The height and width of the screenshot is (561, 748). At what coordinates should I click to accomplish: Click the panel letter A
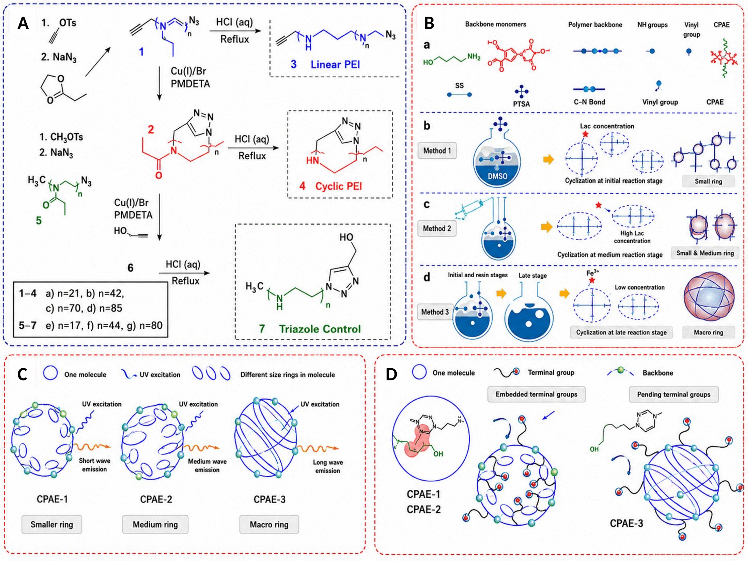tap(23, 23)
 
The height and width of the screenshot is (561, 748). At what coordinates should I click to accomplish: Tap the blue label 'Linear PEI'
tap(335, 64)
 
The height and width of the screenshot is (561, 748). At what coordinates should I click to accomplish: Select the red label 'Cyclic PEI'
tap(338, 186)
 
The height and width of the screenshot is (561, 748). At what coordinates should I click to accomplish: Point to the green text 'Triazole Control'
tap(320, 329)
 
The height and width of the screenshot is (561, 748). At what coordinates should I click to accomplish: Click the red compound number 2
tap(151, 129)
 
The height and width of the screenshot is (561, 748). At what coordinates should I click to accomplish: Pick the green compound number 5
tap(39, 221)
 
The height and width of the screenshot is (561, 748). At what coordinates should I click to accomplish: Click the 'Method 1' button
tap(437, 150)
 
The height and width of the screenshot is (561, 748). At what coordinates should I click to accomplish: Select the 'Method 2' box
tap(437, 228)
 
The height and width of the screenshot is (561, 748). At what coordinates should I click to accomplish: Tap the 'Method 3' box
tap(435, 312)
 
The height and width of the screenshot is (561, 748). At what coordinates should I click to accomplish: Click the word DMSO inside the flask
tap(497, 176)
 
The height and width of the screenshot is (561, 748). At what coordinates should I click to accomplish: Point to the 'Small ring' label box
tap(708, 181)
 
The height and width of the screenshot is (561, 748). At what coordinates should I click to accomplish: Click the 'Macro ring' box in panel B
tap(708, 332)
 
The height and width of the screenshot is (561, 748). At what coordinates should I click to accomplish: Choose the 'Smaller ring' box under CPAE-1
tap(52, 524)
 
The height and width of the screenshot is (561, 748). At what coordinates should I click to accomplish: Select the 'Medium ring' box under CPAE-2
tap(155, 524)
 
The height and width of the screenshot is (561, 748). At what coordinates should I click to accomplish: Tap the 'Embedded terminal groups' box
tap(536, 394)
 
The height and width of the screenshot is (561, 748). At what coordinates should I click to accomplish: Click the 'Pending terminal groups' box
tap(673, 395)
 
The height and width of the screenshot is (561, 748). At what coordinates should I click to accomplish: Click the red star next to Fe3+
tap(592, 280)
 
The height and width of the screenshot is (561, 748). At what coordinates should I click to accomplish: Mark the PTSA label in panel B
tap(521, 104)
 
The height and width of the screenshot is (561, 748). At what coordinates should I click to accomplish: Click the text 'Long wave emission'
tap(328, 466)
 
